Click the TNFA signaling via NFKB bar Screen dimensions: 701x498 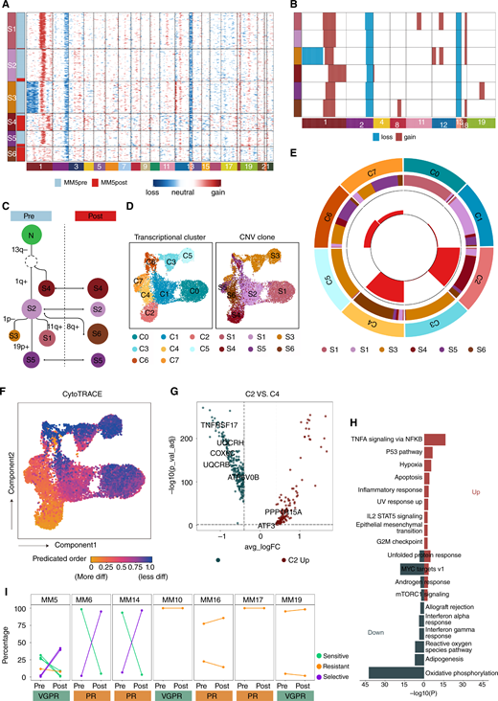[x=437, y=412]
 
